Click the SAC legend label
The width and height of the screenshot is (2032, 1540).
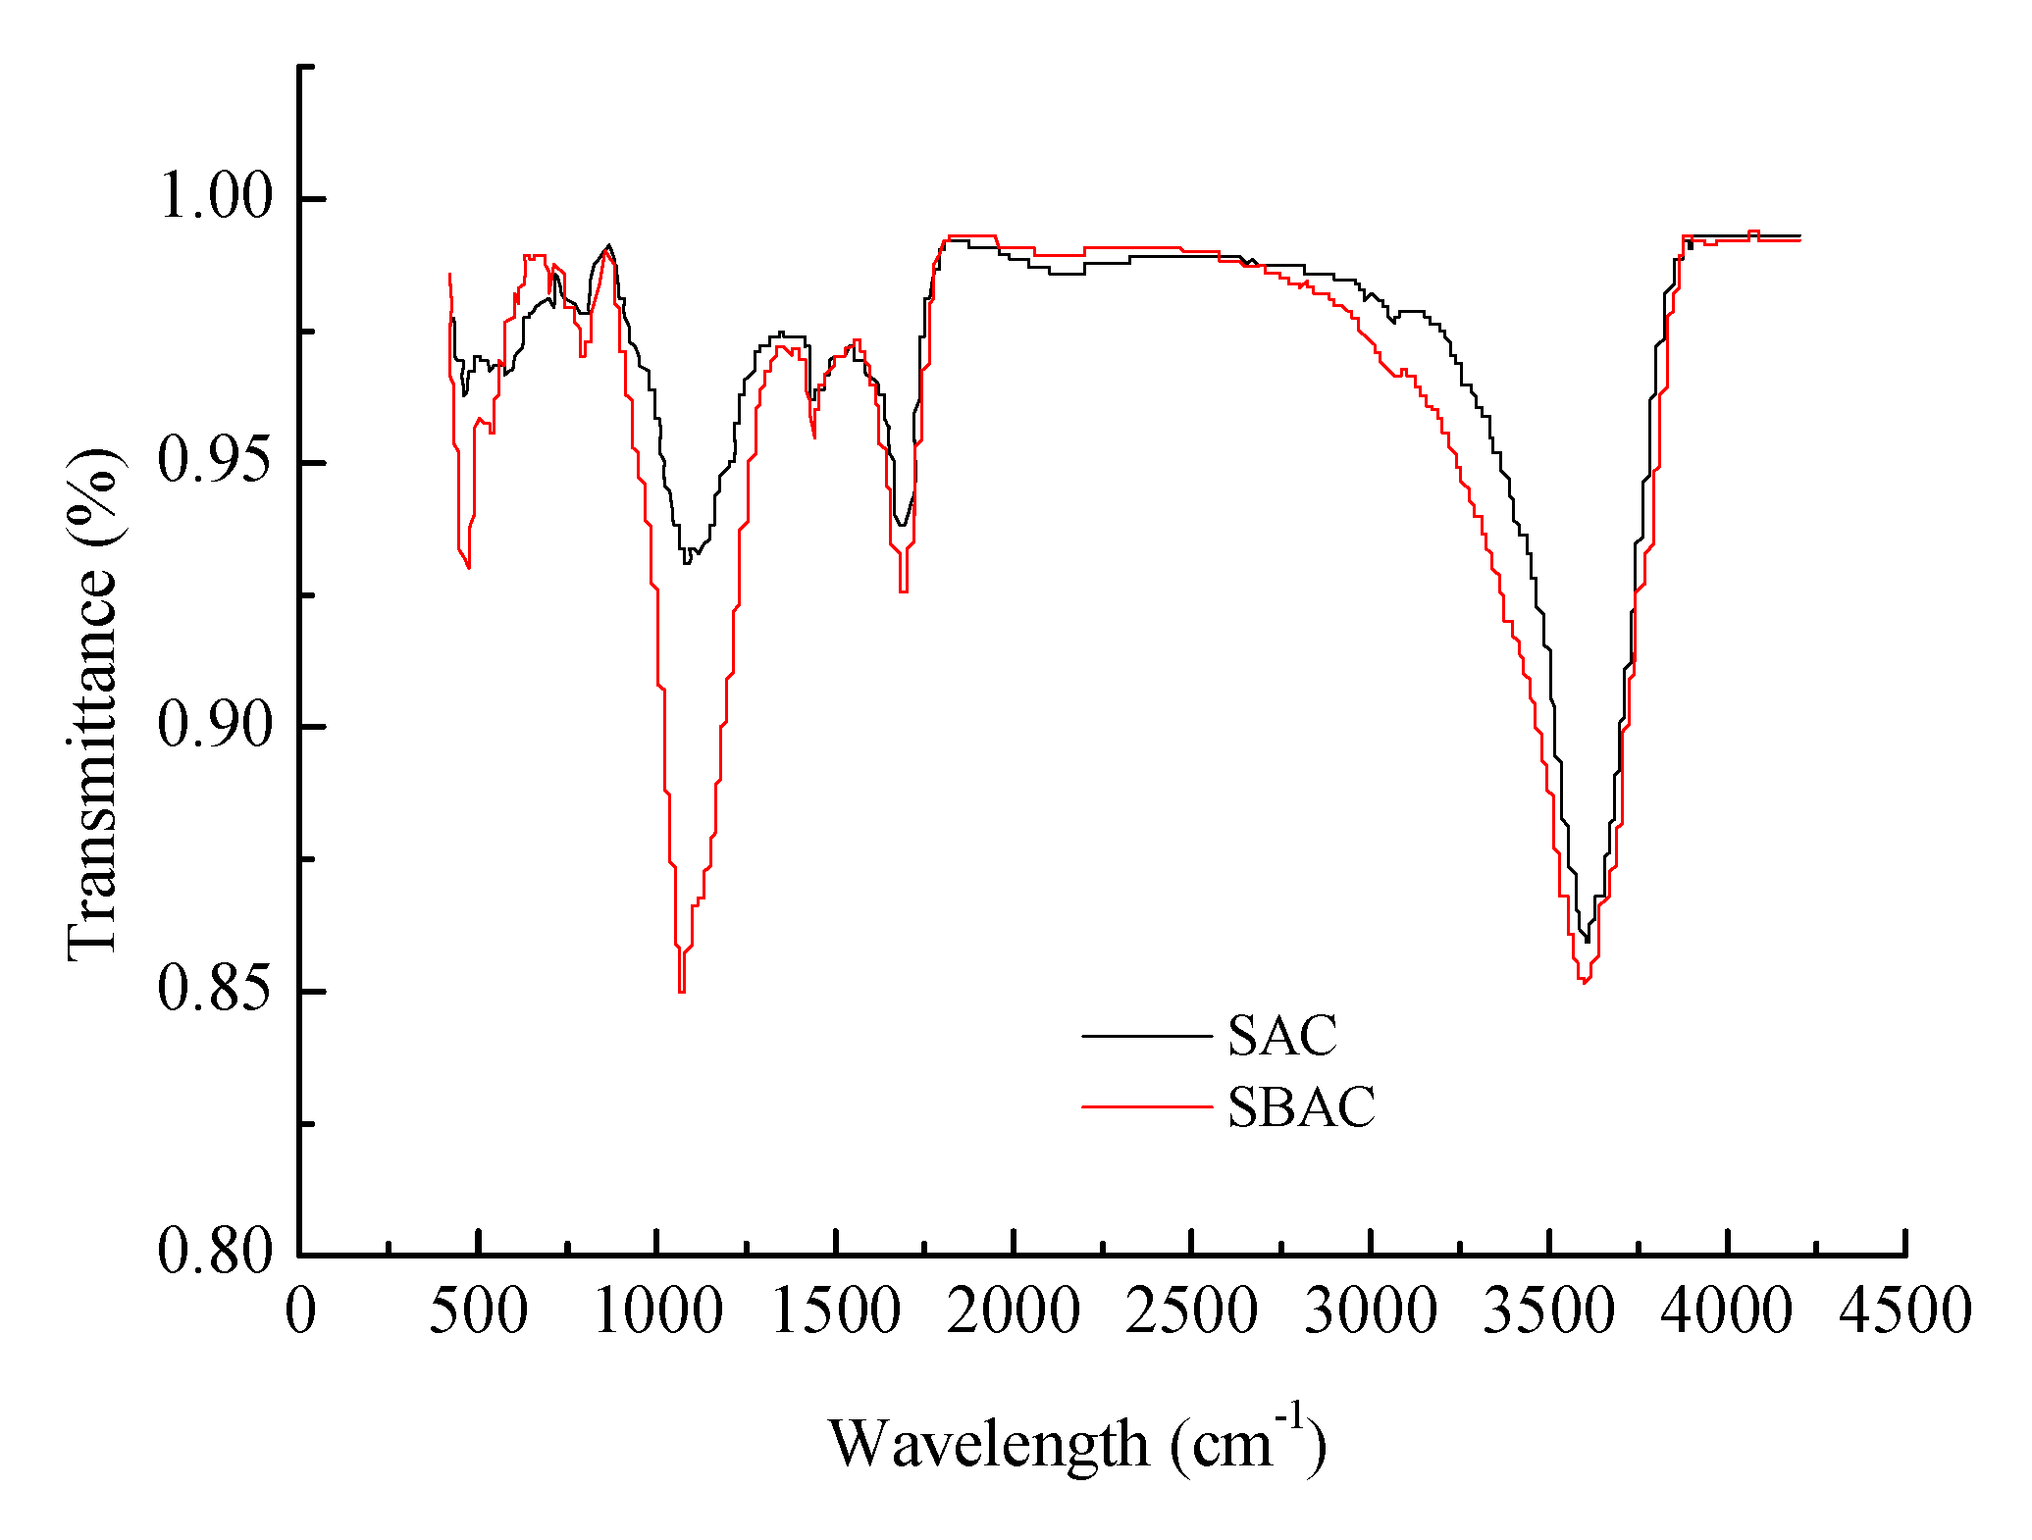point(1281,1036)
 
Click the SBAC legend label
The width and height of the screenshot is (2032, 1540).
point(1301,1107)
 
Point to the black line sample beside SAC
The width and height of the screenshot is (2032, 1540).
point(1146,1036)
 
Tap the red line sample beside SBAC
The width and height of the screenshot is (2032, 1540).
point(1146,1107)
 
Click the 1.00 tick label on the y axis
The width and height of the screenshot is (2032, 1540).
point(215,197)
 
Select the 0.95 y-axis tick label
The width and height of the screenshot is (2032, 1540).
point(215,461)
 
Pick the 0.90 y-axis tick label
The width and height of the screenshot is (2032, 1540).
point(215,726)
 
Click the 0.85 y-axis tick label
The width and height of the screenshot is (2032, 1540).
point(215,991)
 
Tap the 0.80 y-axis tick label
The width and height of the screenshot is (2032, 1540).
point(215,1254)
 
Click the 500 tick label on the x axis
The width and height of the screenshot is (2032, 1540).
point(478,1311)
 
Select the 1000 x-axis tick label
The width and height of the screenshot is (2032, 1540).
point(657,1311)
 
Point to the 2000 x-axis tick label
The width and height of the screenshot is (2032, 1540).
point(1014,1311)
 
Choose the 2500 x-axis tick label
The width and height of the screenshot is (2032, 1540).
point(1191,1311)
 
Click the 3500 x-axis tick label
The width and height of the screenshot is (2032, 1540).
point(1548,1311)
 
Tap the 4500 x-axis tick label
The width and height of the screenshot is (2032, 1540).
point(1904,1311)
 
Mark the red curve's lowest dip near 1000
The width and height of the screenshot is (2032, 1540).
point(681,992)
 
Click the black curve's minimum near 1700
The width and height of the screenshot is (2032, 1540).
point(901,525)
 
